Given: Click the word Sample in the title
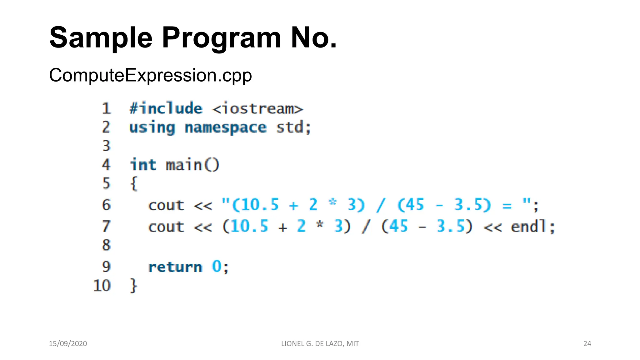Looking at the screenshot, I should click(x=101, y=38).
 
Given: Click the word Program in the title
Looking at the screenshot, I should click(x=221, y=38).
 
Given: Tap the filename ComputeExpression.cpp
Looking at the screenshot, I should click(x=150, y=75).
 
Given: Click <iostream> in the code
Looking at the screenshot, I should click(x=257, y=109).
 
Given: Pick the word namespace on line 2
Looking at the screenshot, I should click(x=225, y=128).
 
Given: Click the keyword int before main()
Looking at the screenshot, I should click(x=143, y=165).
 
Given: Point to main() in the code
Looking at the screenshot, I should click(x=192, y=165).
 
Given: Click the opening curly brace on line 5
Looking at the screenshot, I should click(x=134, y=183).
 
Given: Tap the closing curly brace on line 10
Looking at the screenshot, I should click(x=134, y=285).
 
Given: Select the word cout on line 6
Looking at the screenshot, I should click(x=166, y=205).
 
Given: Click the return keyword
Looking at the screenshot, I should click(x=175, y=267).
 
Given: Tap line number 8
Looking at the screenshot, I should click(x=107, y=245).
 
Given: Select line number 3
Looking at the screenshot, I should click(x=107, y=146).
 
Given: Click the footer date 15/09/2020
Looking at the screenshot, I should click(x=68, y=344).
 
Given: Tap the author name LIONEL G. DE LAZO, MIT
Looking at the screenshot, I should click(x=320, y=344).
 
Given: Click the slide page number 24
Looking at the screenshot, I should click(x=587, y=344).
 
